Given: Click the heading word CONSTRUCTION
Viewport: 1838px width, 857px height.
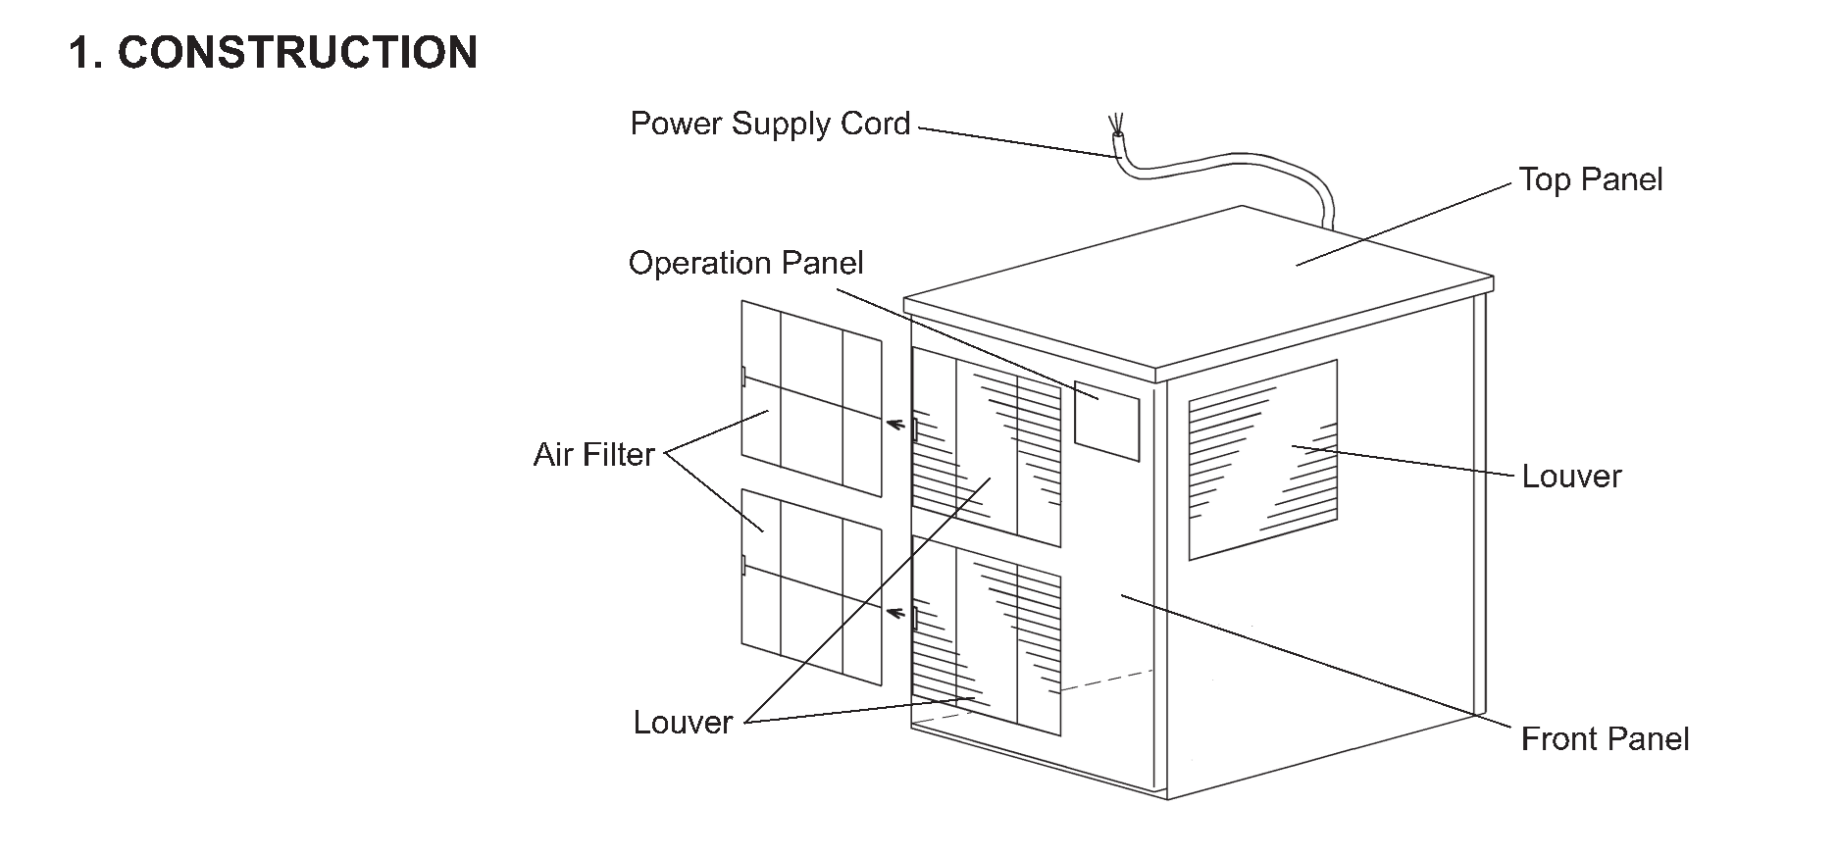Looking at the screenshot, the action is [297, 52].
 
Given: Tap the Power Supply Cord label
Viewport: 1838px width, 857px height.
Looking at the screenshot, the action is [770, 125].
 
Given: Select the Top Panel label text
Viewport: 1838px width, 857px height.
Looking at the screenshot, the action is [1590, 179].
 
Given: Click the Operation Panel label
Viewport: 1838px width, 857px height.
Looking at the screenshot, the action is [745, 263].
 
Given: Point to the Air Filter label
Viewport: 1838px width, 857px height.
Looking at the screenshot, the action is [593, 455].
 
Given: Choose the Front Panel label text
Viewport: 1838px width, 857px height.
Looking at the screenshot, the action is [1605, 738].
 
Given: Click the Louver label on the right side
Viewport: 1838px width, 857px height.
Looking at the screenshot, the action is [1571, 477].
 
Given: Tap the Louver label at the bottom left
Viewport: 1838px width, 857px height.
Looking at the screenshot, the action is [683, 723].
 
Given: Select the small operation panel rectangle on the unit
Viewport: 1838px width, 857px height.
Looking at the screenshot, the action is [1106, 421].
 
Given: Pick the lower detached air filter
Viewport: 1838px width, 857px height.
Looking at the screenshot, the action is [811, 586].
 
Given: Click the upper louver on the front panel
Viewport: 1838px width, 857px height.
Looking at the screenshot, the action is [987, 447].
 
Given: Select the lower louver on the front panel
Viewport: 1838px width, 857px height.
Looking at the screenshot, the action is [987, 635].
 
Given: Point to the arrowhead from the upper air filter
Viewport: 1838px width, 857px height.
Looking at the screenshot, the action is [893, 424].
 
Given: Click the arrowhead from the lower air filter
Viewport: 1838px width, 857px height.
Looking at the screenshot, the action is [893, 613].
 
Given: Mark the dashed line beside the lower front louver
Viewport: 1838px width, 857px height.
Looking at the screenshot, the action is [1106, 681].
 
